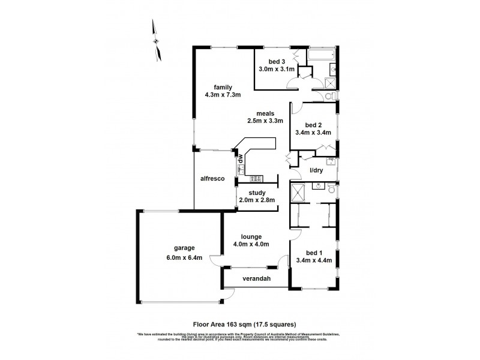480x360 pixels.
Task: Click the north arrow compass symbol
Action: [158, 41]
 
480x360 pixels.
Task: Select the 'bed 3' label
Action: [277, 61]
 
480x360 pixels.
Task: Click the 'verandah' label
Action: [256, 279]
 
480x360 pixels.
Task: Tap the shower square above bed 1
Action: [299, 194]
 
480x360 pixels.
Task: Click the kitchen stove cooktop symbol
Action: [253, 177]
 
